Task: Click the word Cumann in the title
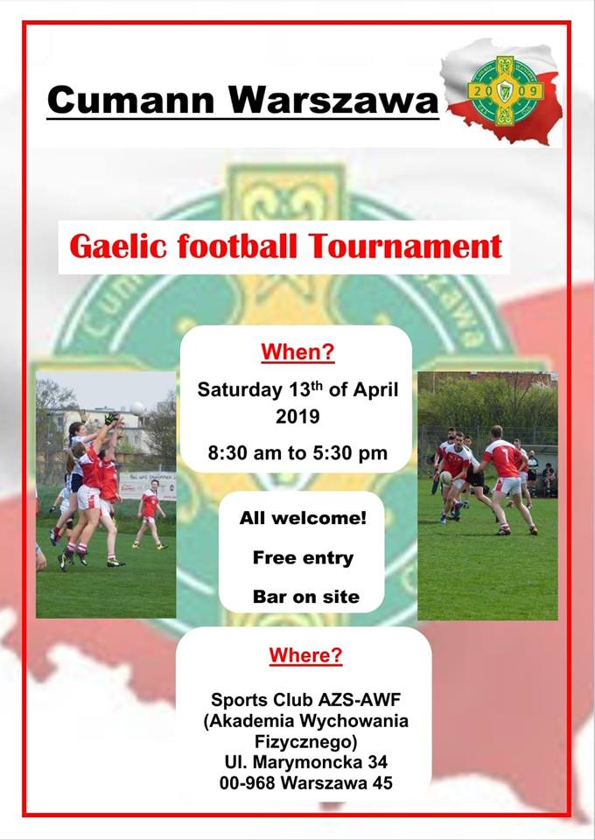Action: point(130,100)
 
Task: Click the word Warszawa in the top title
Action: point(333,100)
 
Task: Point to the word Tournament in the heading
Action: point(405,247)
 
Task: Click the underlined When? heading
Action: point(297,352)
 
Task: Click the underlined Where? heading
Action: point(305,654)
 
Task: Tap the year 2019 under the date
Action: point(297,416)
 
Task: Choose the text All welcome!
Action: point(303,518)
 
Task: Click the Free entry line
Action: point(303,557)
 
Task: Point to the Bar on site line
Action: point(305,597)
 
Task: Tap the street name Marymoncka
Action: point(307,762)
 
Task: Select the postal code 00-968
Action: point(247,782)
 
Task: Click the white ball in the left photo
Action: point(137,409)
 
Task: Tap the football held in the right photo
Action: point(446,478)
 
